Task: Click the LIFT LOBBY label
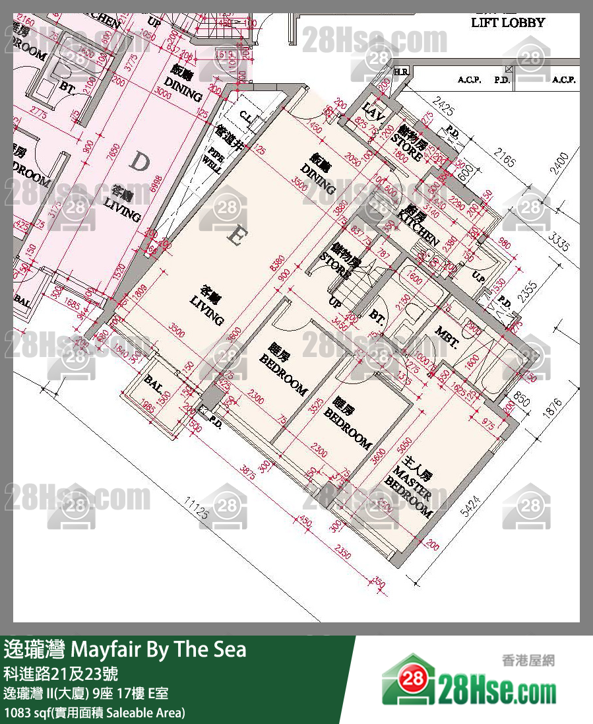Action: click(508, 22)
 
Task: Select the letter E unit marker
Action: click(234, 236)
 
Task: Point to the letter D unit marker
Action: click(139, 162)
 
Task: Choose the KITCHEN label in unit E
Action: click(420, 226)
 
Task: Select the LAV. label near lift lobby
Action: click(373, 114)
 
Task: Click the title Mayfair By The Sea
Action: click(125, 649)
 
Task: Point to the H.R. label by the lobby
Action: click(400, 71)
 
